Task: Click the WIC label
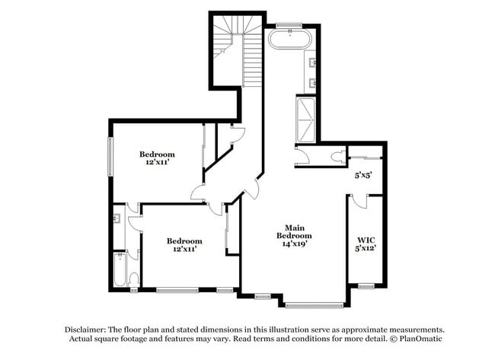tap(365, 240)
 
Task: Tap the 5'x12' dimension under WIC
tap(365, 248)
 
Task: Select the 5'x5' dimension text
tap(364, 175)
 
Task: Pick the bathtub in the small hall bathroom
tap(120, 269)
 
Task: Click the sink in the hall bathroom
tap(117, 219)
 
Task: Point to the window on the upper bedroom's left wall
tap(111, 156)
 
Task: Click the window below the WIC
tap(366, 286)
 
